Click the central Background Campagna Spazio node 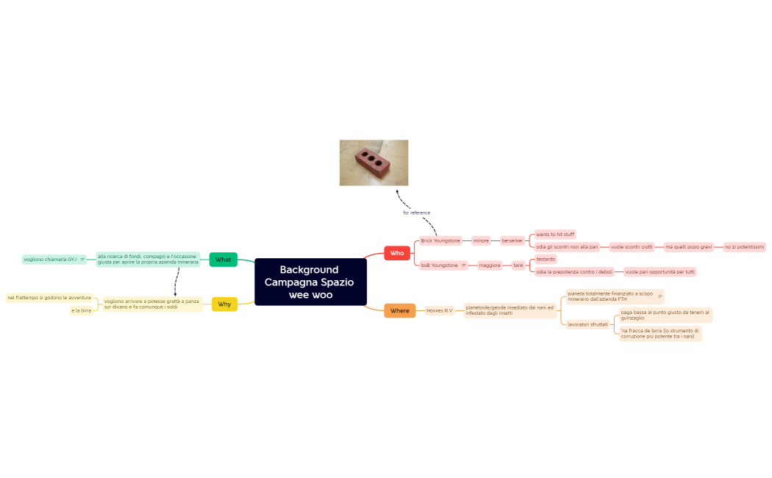pos(310,282)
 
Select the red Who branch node pos(397,253)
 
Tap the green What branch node pos(224,260)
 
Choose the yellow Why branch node pos(224,304)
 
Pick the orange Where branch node pos(399,310)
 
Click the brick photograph pos(374,163)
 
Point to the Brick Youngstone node pos(440,240)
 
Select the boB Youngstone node pos(440,265)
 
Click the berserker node pos(512,240)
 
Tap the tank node pos(518,265)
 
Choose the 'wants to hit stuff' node pos(555,235)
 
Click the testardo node pos(546,259)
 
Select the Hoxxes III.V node pos(440,310)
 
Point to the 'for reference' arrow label pos(416,213)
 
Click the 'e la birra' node pos(81,310)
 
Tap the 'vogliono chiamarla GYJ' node pos(50,259)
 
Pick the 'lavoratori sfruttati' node pos(587,324)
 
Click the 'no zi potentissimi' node pos(745,246)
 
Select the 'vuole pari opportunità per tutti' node pos(660,271)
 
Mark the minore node pos(481,240)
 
